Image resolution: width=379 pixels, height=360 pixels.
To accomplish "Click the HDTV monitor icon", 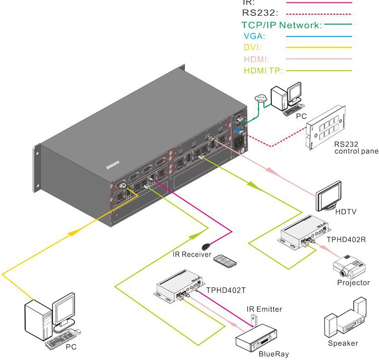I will click(328, 195).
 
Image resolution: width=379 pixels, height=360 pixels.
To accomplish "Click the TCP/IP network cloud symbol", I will click(260, 99).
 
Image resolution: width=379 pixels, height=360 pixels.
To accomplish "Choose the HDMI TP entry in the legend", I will click(263, 72).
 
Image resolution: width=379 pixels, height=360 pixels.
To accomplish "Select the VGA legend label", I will click(254, 36).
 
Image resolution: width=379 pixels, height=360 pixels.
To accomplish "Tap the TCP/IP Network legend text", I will click(281, 25).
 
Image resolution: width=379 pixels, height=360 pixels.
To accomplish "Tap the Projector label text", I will click(353, 283).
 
